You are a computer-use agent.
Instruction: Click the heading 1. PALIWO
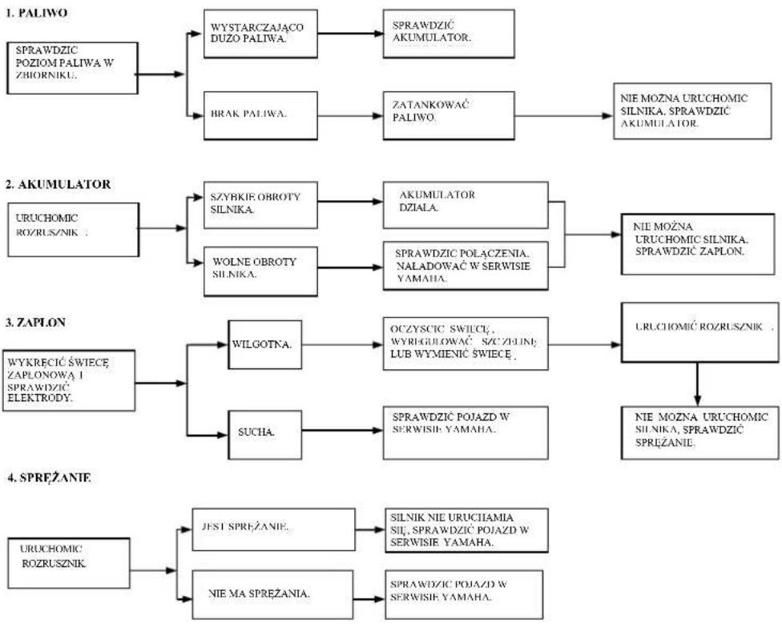36,14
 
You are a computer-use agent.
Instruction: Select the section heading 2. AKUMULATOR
58,184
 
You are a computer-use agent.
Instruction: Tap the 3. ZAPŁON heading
35,323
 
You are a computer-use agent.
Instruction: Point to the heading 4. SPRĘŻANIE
49,477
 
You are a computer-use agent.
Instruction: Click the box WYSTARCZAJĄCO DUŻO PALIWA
260,34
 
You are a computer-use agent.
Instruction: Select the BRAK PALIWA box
260,115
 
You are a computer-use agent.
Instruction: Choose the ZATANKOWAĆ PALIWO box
449,115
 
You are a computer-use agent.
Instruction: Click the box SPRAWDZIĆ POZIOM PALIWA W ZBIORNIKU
72,68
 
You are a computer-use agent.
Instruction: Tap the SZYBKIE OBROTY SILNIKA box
260,205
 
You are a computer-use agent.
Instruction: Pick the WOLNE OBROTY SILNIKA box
260,271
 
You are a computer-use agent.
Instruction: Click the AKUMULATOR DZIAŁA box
466,205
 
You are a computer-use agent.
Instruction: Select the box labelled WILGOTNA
265,345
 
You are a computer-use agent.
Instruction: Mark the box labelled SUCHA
265,435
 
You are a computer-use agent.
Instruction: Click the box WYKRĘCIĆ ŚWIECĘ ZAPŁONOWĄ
69,380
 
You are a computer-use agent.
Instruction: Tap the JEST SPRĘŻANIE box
273,529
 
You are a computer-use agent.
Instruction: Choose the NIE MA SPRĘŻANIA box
272,595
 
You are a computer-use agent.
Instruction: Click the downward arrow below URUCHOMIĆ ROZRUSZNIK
697,384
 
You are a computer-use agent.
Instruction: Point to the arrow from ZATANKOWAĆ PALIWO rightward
563,115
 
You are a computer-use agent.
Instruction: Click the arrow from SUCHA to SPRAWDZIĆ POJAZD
343,430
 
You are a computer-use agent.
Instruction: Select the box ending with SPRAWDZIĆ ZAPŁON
698,244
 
